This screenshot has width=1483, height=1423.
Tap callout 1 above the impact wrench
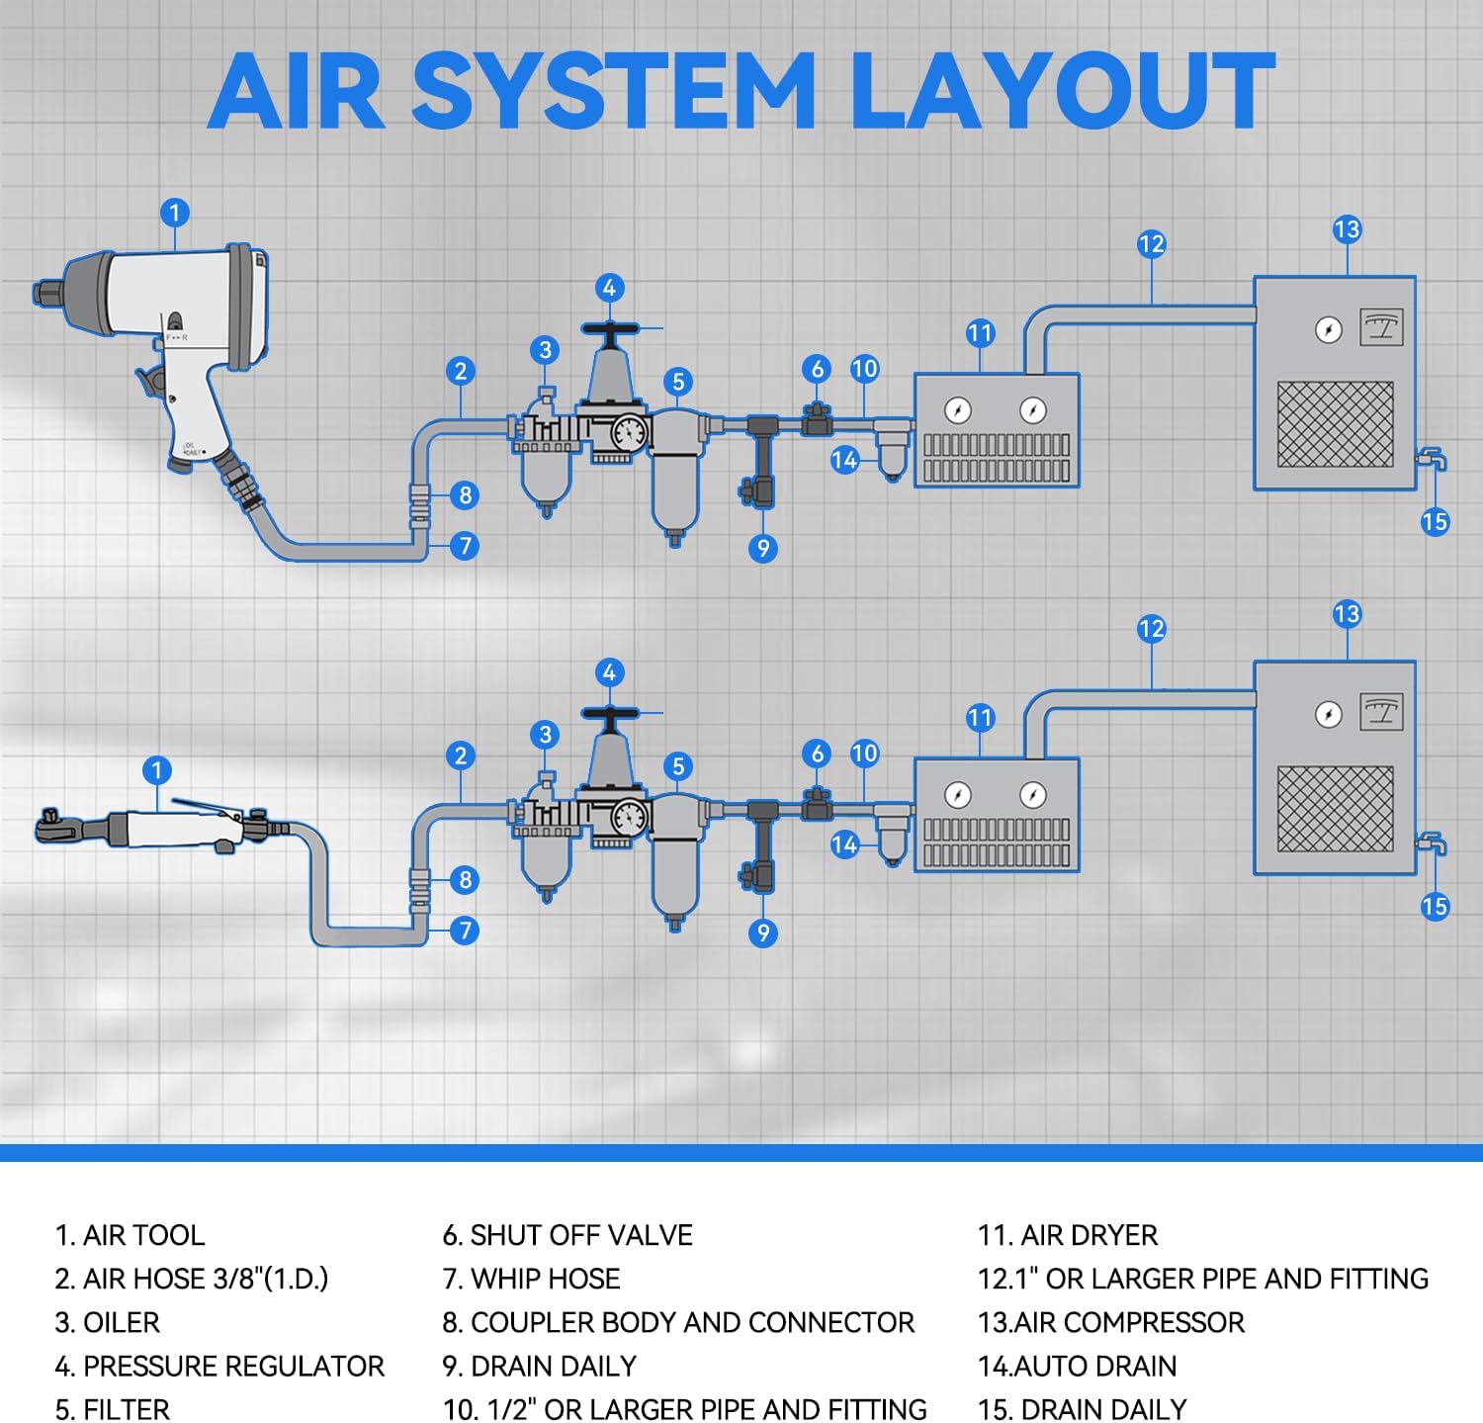pos(175,213)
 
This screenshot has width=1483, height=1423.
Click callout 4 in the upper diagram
pos(609,288)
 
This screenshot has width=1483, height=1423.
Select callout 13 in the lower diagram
pos(1347,614)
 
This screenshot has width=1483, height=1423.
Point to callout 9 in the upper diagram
pos(762,548)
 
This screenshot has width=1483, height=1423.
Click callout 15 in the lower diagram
pos(1435,906)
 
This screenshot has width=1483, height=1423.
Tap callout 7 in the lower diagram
pos(465,930)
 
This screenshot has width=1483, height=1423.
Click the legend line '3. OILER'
pos(107,1322)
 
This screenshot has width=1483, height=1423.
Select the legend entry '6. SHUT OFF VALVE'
pos(567,1235)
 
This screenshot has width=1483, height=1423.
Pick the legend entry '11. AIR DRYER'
pos(1067,1235)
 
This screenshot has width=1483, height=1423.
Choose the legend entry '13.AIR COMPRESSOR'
pos(1110,1322)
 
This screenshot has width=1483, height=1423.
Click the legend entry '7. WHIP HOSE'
pos(531,1279)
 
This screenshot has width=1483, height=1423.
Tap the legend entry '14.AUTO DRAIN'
pos(1077,1366)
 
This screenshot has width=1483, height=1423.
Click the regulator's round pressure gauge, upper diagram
pos(628,431)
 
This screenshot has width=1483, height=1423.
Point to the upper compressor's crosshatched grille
pos(1335,424)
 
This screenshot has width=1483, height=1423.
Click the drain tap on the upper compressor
pos(1431,459)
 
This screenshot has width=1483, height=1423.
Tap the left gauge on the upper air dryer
pos(957,409)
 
